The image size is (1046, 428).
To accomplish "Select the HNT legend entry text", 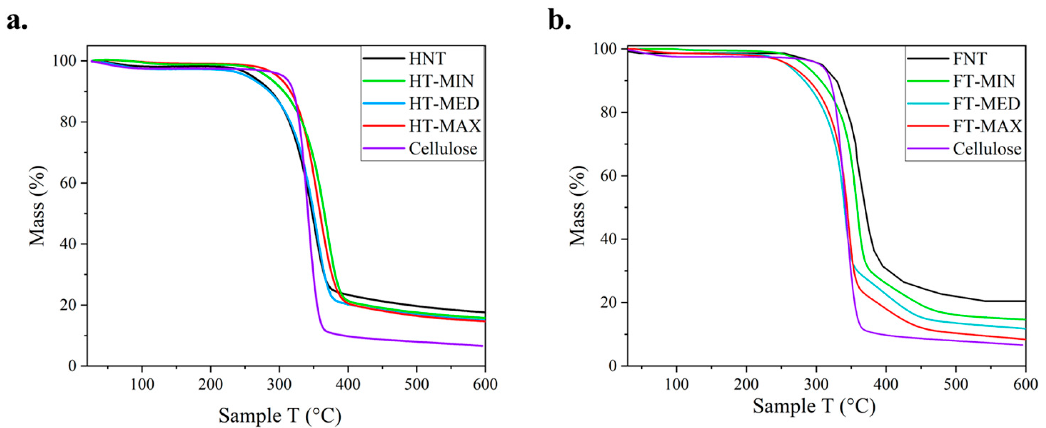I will coord(427,59).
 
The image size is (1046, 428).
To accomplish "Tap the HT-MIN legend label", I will coord(441,81).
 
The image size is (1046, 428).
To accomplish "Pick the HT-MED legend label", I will coord(444,104).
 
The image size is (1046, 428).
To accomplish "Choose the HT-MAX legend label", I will coord(444,126).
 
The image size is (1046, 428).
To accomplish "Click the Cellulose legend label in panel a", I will coord(443,148).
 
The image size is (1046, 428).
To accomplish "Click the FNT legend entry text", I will coord(969,59).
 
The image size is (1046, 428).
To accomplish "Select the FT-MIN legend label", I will coord(984,81).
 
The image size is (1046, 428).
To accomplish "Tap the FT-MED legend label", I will coord(986,104).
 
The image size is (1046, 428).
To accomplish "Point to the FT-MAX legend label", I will coord(987,126).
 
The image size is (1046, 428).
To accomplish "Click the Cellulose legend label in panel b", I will coord(987,148).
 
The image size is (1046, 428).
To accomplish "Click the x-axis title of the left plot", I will coord(280,415).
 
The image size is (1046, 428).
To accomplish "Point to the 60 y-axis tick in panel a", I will coord(69,183).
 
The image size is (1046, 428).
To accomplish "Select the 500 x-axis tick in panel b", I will coord(955,384).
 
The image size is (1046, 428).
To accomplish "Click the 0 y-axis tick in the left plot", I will coord(73,366).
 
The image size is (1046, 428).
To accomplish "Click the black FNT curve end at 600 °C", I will coord(1024,301).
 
